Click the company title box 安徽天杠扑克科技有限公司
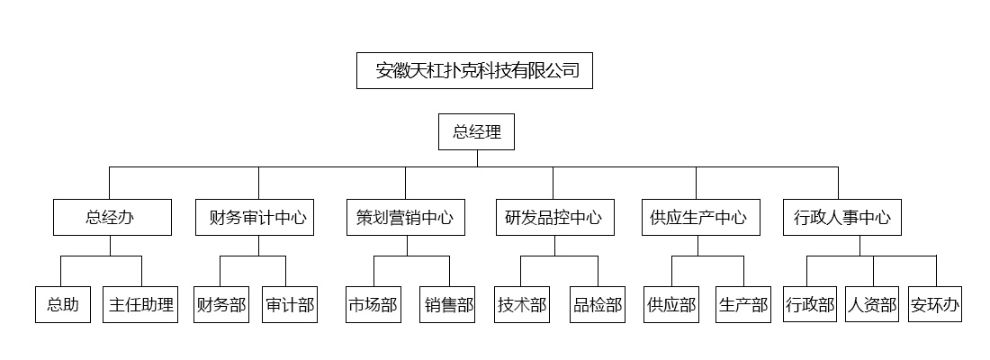tap(475, 71)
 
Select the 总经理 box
tap(477, 132)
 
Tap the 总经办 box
tap(112, 217)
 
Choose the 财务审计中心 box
tap(255, 217)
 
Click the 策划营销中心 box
tap(406, 217)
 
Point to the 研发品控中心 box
tap(555, 217)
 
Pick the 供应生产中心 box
tap(701, 217)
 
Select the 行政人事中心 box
tap(842, 217)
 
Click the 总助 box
tap(63, 304)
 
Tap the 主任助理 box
tap(140, 304)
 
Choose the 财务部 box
tap(221, 304)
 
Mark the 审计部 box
tap(290, 304)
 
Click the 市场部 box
tap(373, 304)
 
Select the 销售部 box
tap(447, 304)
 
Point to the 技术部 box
tap(523, 304)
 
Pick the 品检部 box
tap(598, 304)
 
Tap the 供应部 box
tap(671, 304)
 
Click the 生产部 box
tap(743, 304)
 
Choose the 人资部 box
tap(872, 304)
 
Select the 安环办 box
tap(935, 304)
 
